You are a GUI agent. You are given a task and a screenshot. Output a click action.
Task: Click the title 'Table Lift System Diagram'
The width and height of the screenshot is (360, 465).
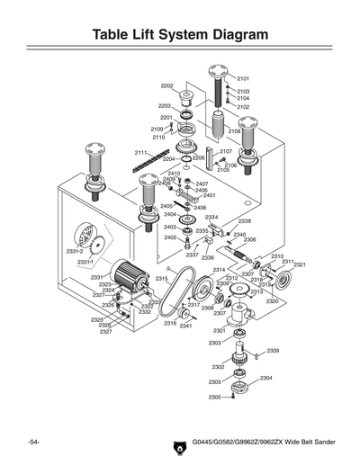click(180, 35)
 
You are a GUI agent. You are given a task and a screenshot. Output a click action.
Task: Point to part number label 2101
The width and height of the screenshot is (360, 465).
click(243, 79)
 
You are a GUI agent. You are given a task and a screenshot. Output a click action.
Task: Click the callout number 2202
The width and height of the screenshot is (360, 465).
click(166, 85)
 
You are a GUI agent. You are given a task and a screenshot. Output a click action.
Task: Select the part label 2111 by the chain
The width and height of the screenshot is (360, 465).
click(140, 152)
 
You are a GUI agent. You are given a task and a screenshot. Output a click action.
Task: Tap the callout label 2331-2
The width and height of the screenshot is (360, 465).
click(75, 251)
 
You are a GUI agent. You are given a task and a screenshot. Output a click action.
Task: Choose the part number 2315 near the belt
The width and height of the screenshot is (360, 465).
click(161, 279)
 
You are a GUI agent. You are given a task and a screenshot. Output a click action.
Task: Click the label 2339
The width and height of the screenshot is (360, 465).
click(272, 350)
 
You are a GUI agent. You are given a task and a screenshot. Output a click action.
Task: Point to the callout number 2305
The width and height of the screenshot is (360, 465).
click(214, 397)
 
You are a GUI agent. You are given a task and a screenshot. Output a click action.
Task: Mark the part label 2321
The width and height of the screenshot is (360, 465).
click(300, 264)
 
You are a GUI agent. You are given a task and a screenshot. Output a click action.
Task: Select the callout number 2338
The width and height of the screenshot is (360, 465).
click(244, 221)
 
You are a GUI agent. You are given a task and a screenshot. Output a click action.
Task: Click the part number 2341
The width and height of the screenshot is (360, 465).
click(185, 326)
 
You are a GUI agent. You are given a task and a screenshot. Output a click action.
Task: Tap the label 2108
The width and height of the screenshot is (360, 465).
click(233, 131)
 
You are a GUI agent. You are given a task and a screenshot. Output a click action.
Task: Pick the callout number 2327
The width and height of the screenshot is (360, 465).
click(105, 332)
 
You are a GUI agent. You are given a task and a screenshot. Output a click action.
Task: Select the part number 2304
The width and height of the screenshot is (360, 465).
click(265, 378)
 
